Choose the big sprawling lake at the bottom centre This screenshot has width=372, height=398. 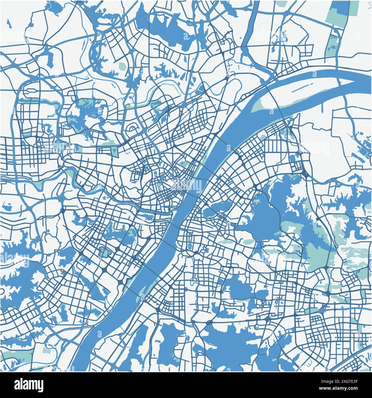coord(226,341)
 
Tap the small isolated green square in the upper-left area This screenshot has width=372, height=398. coord(123,67)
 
